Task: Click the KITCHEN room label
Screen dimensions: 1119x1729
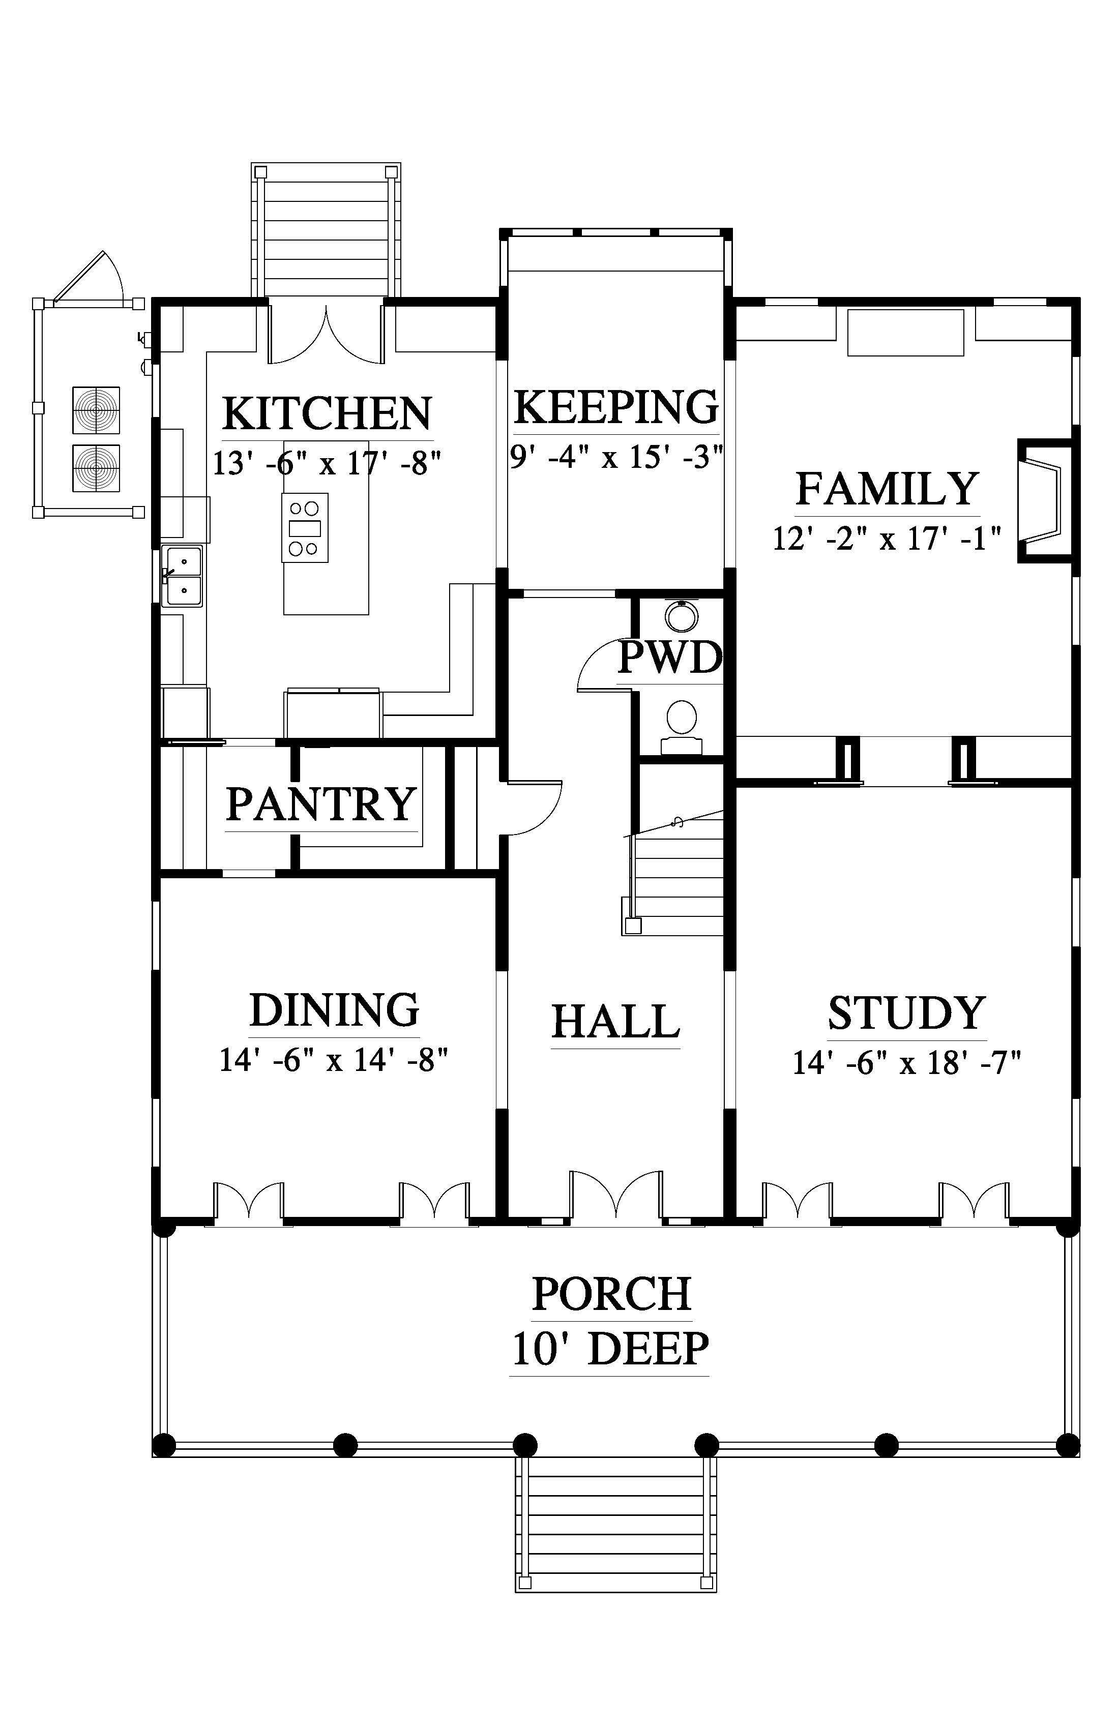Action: point(327,413)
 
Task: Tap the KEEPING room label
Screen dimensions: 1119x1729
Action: point(616,407)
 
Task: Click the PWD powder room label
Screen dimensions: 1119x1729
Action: point(670,658)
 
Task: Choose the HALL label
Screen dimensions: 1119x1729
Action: point(615,1022)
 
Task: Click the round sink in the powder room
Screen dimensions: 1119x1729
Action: point(682,616)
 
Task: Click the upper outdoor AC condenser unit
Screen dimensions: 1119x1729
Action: point(96,410)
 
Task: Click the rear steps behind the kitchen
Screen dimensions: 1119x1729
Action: point(326,229)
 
